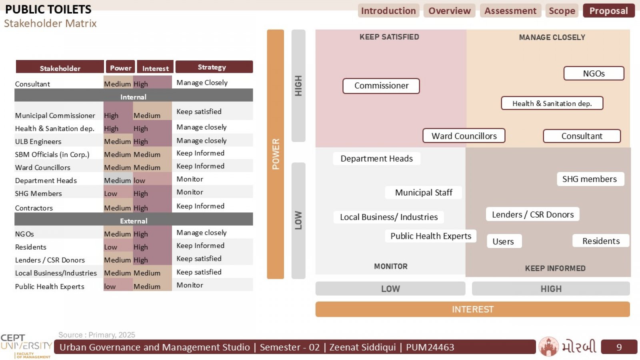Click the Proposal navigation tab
pyautogui.click(x=608, y=11)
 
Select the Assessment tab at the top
pyautogui.click(x=510, y=11)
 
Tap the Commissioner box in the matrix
pyautogui.click(x=381, y=86)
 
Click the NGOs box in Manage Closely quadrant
pyautogui.click(x=594, y=74)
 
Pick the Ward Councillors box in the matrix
pyautogui.click(x=464, y=136)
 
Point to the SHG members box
pyautogui.click(x=590, y=179)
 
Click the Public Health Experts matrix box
pyautogui.click(x=430, y=236)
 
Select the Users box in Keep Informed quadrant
pyautogui.click(x=504, y=242)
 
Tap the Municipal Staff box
pyautogui.click(x=424, y=192)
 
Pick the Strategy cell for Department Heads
pyautogui.click(x=212, y=179)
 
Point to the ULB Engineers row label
pyautogui.click(x=38, y=142)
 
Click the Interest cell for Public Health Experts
pyautogui.click(x=152, y=285)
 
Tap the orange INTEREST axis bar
pyautogui.click(x=472, y=309)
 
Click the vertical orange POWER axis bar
pyautogui.click(x=276, y=154)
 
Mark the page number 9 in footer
pyautogui.click(x=619, y=347)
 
